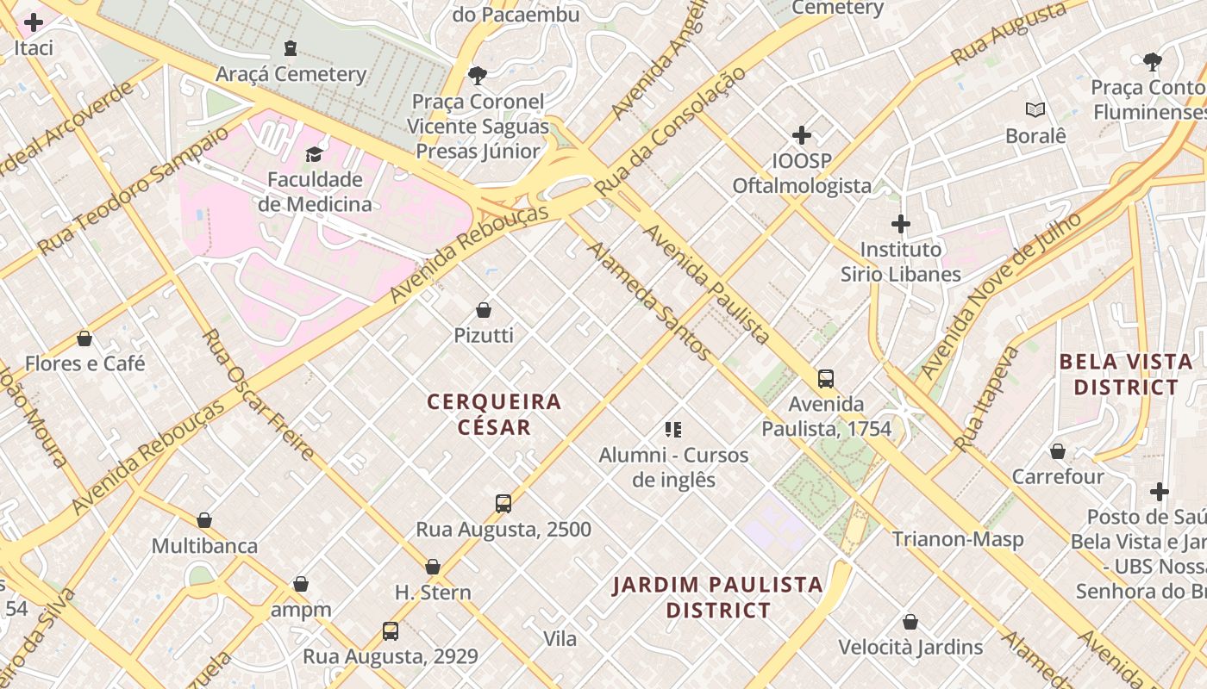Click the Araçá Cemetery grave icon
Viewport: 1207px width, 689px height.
pyautogui.click(x=291, y=47)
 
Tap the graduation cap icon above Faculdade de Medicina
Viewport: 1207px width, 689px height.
pyautogui.click(x=314, y=154)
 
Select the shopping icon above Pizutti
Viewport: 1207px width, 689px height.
pyautogui.click(x=484, y=310)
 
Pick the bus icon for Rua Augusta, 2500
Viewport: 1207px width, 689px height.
pyautogui.click(x=503, y=504)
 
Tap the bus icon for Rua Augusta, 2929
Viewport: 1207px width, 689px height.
pyautogui.click(x=390, y=631)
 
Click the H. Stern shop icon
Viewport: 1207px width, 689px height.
pyautogui.click(x=433, y=567)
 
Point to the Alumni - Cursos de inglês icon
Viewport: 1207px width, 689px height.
pyautogui.click(x=673, y=430)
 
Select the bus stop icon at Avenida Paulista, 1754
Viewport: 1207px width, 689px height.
pyautogui.click(x=825, y=379)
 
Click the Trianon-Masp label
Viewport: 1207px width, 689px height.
pyautogui.click(x=957, y=540)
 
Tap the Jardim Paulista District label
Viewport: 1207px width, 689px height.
pyautogui.click(x=717, y=598)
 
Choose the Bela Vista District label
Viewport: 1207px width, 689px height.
pyautogui.click(x=1125, y=375)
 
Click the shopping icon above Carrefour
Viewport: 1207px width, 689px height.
pyautogui.click(x=1057, y=451)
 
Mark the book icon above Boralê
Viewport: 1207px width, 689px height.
pyautogui.click(x=1035, y=110)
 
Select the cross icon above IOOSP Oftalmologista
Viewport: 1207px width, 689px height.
pyautogui.click(x=802, y=135)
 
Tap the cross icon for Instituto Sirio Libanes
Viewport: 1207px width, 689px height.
pyautogui.click(x=900, y=224)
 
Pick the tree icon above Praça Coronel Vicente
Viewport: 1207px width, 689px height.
pyautogui.click(x=477, y=76)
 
